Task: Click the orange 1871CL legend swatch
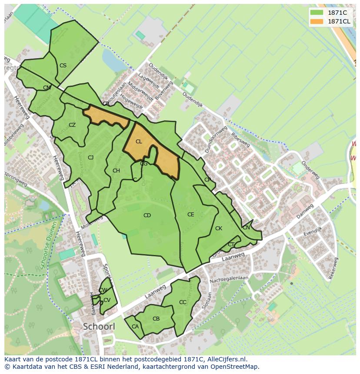317,21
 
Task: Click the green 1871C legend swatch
317,13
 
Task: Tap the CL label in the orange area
139,142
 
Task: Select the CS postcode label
63,66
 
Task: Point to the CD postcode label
147,215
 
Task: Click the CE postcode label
190,215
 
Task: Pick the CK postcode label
219,228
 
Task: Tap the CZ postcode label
72,125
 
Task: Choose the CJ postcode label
90,158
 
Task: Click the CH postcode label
116,171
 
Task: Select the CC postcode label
183,302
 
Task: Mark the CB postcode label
156,319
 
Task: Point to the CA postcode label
135,327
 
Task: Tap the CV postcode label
107,300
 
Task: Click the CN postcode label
246,228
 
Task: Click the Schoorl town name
99,326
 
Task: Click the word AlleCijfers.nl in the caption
225,359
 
